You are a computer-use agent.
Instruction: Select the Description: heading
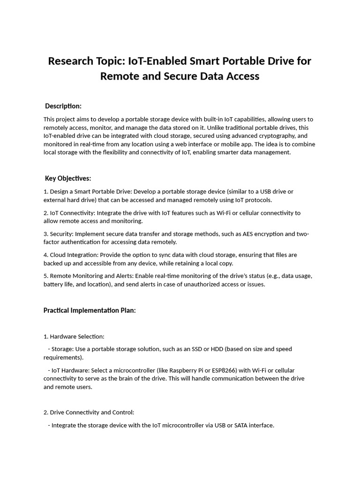pyautogui.click(x=63, y=106)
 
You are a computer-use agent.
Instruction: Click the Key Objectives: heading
pyautogui.click(x=68, y=178)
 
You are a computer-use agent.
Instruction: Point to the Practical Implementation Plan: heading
pyautogui.click(x=90, y=310)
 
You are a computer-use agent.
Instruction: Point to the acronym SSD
pyautogui.click(x=201, y=349)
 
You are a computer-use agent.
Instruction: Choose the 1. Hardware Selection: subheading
pyautogui.click(x=74, y=337)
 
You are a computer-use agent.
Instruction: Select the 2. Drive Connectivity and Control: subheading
pyautogui.click(x=89, y=412)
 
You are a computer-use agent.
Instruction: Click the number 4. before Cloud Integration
pyautogui.click(x=46, y=255)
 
